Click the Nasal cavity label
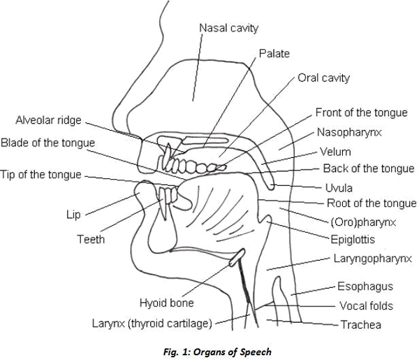coord(229,29)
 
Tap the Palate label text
coord(274,54)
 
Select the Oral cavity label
coord(323,78)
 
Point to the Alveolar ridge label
coord(48,120)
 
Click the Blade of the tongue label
coord(47,143)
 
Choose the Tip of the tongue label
coord(41,175)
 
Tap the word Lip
coord(73,215)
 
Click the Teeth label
coord(91,239)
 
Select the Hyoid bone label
coord(166,303)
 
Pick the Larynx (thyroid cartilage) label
coord(152,324)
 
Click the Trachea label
coord(361,324)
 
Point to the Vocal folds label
coord(367,305)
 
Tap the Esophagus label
coord(365,287)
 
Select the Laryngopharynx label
coord(373,259)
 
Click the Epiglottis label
coord(353,239)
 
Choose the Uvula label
coord(339,188)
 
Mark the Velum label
coord(335,152)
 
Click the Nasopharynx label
coord(349,132)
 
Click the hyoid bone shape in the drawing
coord(237,257)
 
